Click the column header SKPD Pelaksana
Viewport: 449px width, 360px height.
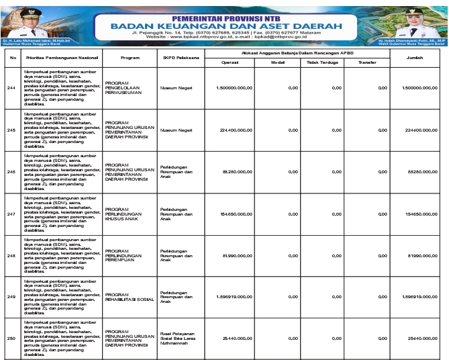pyautogui.click(x=178, y=58)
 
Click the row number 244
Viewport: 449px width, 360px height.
pyautogui.click(x=11, y=88)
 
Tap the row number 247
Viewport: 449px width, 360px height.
pyautogui.click(x=11, y=214)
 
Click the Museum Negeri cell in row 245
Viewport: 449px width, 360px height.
pyautogui.click(x=177, y=130)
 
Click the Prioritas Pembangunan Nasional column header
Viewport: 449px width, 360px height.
pyautogui.click(x=61, y=58)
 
